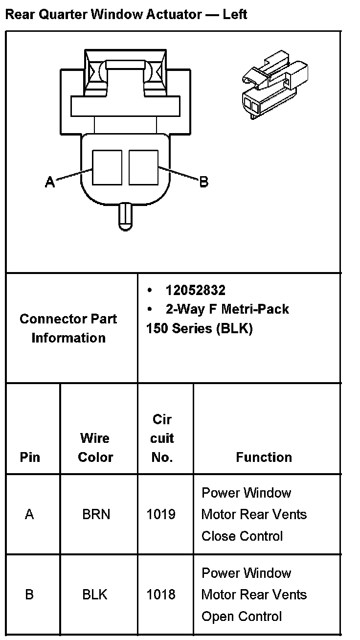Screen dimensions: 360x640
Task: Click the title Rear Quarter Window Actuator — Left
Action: pos(126,14)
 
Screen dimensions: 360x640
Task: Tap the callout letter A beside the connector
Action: pos(50,182)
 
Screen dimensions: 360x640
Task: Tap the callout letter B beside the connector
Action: pos(204,182)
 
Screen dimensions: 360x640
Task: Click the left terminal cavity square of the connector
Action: pos(107,167)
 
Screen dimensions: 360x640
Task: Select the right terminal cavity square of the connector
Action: pos(143,167)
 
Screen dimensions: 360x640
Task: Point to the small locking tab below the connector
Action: pos(126,215)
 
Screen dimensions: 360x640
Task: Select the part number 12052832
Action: pos(195,290)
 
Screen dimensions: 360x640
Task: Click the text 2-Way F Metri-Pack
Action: pos(227,309)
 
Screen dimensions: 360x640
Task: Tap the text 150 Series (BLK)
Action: pos(199,328)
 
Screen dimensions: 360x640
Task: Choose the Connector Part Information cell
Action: pos(68,328)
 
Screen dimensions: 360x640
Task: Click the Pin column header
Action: pos(30,457)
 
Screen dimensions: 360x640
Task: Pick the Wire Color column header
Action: pos(96,447)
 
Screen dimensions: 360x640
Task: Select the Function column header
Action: pos(264,457)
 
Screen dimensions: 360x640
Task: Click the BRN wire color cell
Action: pos(96,514)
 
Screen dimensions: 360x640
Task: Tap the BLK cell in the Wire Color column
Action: pos(95,594)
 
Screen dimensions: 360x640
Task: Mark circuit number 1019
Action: pos(161,514)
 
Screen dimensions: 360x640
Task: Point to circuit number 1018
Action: pos(161,594)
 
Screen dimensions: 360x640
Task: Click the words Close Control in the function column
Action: pos(242,536)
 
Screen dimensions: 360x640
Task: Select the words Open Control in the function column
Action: pos(242,616)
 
